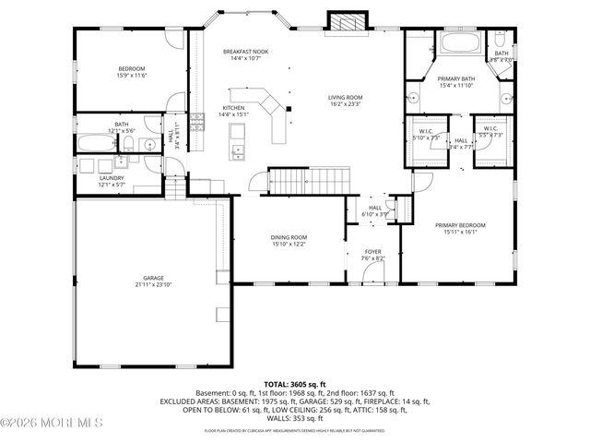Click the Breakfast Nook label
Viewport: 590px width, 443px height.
pos(245,52)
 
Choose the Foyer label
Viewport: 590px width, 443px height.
pos(372,252)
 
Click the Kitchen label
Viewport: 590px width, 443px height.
pos(234,107)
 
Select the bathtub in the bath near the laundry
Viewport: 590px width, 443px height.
pos(92,143)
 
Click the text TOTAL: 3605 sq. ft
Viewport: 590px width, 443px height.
pos(295,383)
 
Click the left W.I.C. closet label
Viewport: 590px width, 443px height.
pos(425,129)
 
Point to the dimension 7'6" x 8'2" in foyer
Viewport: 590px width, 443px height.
pos(372,258)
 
